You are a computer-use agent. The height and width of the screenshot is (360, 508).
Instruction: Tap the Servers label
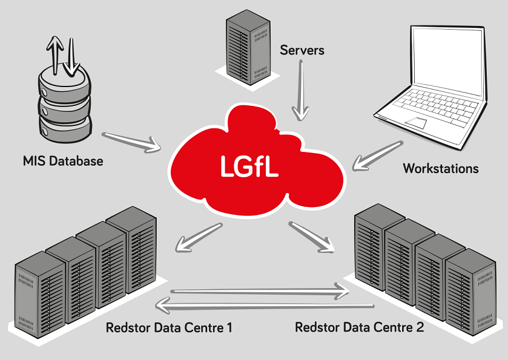[x=302, y=50]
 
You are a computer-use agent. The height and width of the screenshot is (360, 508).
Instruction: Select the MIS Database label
[x=63, y=162]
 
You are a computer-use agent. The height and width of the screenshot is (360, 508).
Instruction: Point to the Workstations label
[x=441, y=168]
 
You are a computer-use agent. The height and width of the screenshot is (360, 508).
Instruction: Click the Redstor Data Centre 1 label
[x=169, y=329]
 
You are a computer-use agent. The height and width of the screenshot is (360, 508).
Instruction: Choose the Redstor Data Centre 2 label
[x=359, y=327]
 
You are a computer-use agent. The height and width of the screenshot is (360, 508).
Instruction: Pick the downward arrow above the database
[x=72, y=57]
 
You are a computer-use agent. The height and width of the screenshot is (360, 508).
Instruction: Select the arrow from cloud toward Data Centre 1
[x=197, y=237]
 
